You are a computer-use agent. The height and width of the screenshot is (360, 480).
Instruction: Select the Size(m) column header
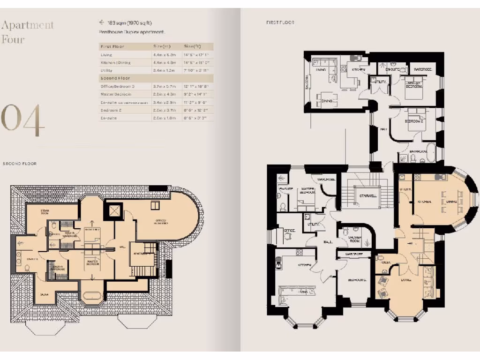(162, 46)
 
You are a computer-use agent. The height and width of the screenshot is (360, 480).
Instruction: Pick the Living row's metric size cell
(162, 55)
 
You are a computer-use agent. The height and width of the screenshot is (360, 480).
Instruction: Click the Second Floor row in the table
(115, 78)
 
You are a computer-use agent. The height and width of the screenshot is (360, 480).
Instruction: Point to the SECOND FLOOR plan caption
(19, 164)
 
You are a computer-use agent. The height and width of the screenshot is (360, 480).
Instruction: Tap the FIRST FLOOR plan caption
(280, 22)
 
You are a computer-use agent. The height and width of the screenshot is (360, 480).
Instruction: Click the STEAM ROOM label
(46, 213)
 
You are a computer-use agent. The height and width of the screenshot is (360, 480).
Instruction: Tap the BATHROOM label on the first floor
(419, 152)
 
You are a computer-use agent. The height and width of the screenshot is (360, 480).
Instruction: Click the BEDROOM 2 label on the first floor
(413, 121)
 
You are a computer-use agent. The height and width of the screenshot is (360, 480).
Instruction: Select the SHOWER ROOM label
(355, 239)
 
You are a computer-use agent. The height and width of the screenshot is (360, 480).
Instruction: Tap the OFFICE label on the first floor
(290, 231)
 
